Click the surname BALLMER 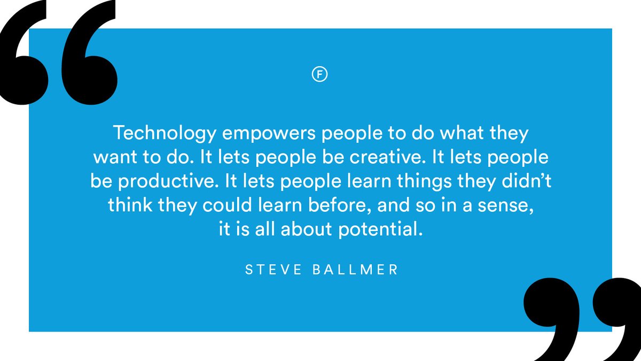355,270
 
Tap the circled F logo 319,74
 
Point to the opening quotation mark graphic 59,53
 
